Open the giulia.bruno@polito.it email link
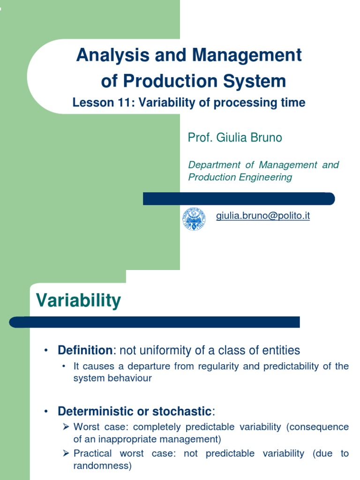click(x=263, y=216)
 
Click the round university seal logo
click(x=194, y=219)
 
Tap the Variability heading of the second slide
click(x=78, y=300)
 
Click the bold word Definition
click(x=85, y=350)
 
